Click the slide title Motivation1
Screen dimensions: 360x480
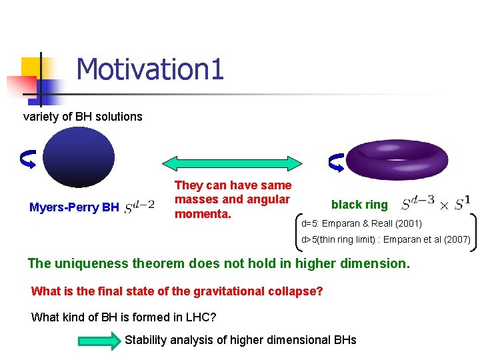coord(150,69)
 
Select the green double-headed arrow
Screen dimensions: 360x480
coord(233,163)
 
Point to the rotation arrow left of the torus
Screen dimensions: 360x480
coord(337,162)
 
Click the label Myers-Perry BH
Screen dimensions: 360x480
coord(74,207)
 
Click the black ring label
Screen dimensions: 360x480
coord(359,205)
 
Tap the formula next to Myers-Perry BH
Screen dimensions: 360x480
coord(139,207)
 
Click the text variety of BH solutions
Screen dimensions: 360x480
coord(83,117)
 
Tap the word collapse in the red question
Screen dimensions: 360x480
coord(291,291)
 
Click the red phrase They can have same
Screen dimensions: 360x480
coord(233,185)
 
